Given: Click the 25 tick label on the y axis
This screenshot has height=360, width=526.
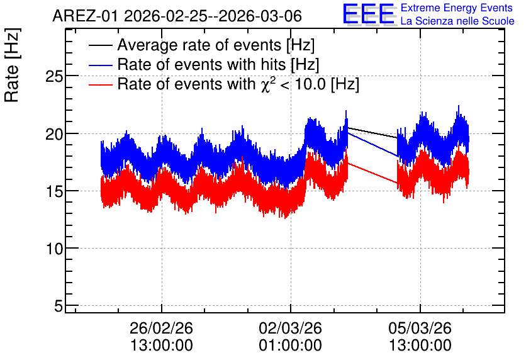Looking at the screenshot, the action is tap(54, 77).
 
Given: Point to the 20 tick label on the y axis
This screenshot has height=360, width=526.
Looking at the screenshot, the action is tap(54, 134).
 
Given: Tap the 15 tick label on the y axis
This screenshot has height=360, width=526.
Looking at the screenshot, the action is tap(54, 191).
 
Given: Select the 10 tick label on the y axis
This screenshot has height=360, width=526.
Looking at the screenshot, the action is tap(54, 249).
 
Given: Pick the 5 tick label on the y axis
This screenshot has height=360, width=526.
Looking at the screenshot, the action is tap(59, 306).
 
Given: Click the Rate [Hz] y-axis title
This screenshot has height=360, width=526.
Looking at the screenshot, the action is tap(12, 65).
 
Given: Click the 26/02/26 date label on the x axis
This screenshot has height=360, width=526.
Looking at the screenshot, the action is tap(161, 328).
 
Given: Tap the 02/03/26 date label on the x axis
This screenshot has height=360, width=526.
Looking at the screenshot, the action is tap(290, 328).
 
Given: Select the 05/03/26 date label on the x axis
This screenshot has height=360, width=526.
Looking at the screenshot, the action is tap(420, 328).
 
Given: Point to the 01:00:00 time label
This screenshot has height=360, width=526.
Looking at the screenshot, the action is tap(290, 346).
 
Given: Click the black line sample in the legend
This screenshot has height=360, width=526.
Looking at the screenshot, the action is tap(100, 45).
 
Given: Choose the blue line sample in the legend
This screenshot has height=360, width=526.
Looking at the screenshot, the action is tap(100, 65).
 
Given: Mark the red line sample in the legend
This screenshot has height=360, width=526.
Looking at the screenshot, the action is tap(100, 84).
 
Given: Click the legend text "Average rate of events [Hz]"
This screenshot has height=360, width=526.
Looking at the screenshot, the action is tap(216, 45).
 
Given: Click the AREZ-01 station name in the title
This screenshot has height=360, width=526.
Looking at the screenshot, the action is tap(85, 16).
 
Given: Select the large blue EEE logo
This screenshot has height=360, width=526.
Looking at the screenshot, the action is tap(369, 14).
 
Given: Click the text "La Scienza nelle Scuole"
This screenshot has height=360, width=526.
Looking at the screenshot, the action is tap(457, 21).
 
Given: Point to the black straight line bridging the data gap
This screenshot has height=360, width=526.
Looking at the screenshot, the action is tap(372, 133).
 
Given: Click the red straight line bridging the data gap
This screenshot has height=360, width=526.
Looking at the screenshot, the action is tap(372, 173).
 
